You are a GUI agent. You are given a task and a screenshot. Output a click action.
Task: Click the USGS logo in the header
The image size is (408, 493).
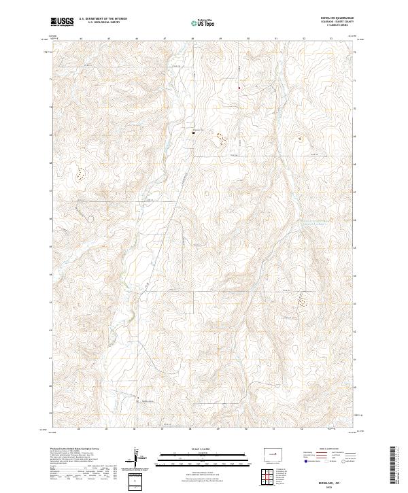pyautogui.click(x=62, y=22)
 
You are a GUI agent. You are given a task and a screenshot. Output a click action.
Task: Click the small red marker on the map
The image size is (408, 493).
pyautogui.click(x=239, y=87)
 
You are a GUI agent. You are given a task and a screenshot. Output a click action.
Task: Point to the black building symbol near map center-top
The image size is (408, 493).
pyautogui.click(x=193, y=133)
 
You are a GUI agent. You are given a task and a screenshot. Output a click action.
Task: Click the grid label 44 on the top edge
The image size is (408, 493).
pyautogui.click(x=81, y=39)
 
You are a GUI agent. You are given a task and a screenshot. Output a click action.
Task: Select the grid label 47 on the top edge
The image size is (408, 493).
pyautogui.click(x=165, y=39)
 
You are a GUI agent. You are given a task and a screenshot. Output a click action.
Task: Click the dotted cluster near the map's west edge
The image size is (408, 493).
pyautogui.click(x=80, y=175)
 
